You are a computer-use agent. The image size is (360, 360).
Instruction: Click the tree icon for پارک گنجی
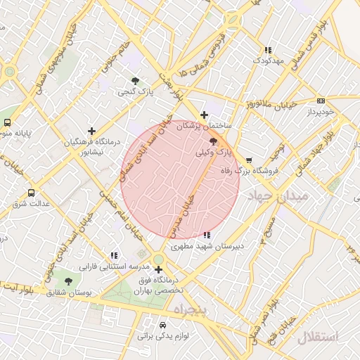click(x=135, y=80)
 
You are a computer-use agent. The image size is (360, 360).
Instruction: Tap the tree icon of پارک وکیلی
click(x=214, y=141)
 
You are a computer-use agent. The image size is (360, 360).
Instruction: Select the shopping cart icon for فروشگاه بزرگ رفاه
click(x=249, y=160)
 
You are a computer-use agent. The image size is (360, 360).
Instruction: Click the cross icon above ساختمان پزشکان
click(x=204, y=115)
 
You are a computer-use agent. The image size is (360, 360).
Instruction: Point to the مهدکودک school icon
click(x=267, y=50)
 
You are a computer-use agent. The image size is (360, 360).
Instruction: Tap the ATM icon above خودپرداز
click(x=321, y=101)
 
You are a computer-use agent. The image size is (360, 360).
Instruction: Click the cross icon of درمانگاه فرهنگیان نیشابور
click(x=92, y=130)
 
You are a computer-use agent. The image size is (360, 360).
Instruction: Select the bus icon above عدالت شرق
click(x=31, y=193)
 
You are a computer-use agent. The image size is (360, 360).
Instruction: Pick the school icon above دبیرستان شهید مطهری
click(x=205, y=236)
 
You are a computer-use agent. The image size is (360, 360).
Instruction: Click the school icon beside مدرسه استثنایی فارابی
click(x=114, y=256)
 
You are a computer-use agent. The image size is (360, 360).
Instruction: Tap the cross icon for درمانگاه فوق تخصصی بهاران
click(x=159, y=269)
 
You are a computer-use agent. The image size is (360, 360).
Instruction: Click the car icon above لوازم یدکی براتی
click(x=163, y=325)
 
